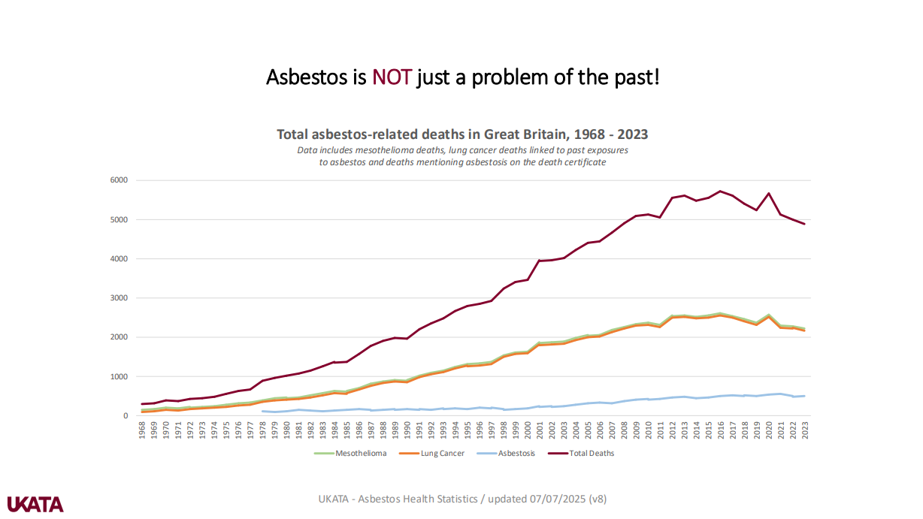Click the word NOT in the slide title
pos(392,77)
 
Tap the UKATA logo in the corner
pos(35,504)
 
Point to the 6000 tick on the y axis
pos(119,180)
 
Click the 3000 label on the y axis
pos(119,298)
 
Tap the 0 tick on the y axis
pos(125,415)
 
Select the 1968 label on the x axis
pos(142,430)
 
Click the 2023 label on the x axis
pos(805,430)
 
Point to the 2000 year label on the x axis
pos(528,430)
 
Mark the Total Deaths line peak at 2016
pos(720,191)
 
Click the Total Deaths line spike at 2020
pos(768,193)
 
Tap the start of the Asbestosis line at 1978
pos(262,411)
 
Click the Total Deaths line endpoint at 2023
pos(804,224)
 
